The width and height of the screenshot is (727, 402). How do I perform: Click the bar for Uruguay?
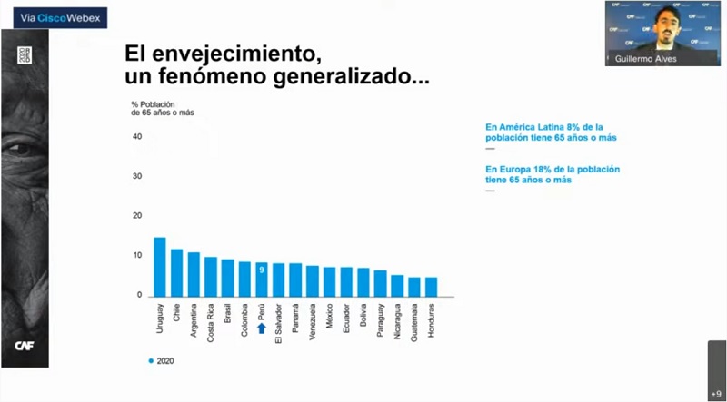click(x=160, y=267)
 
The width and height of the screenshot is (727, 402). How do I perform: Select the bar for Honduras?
click(x=431, y=287)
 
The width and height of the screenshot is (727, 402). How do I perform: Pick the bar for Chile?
click(x=176, y=272)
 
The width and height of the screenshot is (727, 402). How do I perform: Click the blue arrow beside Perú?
click(x=262, y=328)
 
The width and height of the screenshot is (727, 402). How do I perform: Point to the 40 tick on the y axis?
click(x=137, y=137)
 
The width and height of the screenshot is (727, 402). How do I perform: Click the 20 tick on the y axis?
click(x=137, y=216)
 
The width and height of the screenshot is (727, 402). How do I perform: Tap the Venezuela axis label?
click(x=313, y=324)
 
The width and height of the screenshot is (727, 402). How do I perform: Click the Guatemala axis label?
click(x=414, y=325)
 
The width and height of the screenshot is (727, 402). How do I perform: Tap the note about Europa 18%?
click(x=553, y=174)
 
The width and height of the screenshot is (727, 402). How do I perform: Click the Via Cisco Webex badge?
click(x=54, y=16)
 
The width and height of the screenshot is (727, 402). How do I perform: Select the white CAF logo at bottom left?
click(x=25, y=345)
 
